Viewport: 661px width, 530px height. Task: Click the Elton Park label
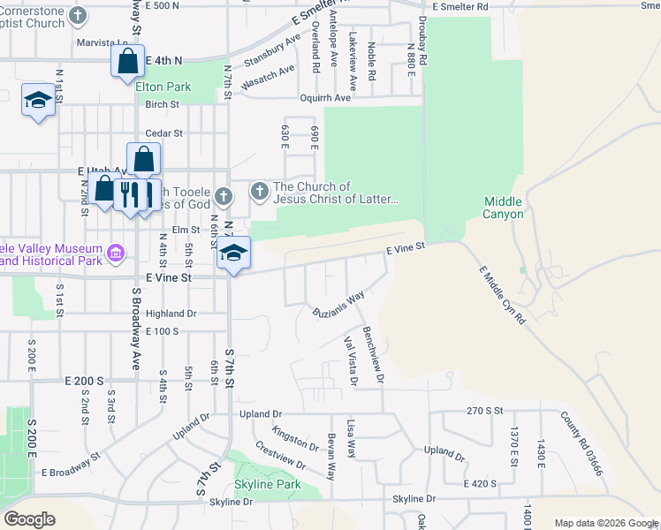click(x=163, y=87)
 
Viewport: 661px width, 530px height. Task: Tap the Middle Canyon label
click(x=504, y=208)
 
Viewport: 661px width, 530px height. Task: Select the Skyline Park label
click(x=268, y=484)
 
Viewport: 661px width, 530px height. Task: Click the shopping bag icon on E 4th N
click(x=127, y=61)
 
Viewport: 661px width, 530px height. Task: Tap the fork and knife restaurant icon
click(x=130, y=193)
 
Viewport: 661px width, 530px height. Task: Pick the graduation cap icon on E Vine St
click(x=233, y=254)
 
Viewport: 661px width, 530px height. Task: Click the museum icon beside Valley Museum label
click(x=115, y=254)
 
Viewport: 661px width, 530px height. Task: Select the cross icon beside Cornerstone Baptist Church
click(x=78, y=15)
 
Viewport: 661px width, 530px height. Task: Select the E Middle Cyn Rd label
click(x=502, y=296)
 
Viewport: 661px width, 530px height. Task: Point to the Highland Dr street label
click(x=171, y=314)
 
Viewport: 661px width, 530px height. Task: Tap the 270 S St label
click(x=484, y=412)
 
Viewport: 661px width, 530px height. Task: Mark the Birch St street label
click(x=163, y=104)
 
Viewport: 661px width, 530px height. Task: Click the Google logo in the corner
click(x=29, y=519)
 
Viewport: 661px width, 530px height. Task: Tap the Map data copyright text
click(x=606, y=523)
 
